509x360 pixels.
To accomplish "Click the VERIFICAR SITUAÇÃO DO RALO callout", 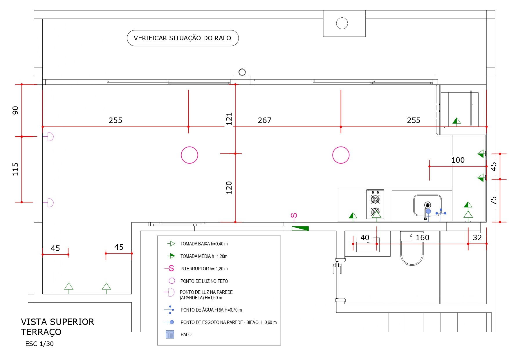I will [183, 38].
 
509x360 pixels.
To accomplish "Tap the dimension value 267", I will [264, 120].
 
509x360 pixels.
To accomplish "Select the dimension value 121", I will [229, 119].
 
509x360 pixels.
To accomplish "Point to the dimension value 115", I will [15, 169].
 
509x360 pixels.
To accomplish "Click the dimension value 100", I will [458, 160].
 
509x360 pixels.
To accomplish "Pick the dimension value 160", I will [422, 238].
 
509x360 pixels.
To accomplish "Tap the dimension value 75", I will [493, 200].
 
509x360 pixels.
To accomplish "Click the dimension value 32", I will [477, 238].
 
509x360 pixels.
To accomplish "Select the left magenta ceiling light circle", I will [189, 155].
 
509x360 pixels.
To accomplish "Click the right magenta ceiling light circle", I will [341, 155].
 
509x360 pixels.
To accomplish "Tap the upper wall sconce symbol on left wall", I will [50, 137].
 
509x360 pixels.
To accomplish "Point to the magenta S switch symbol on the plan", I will [294, 216].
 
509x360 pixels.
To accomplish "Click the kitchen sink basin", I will [427, 205].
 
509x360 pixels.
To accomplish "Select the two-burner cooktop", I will [375, 204].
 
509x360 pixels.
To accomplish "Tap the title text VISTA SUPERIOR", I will [57, 322].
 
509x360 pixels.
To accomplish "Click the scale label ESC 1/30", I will [39, 344].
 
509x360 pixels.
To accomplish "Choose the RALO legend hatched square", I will [170, 334].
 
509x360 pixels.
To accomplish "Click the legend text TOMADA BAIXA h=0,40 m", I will [204, 244].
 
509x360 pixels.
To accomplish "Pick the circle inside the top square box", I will [342, 23].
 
